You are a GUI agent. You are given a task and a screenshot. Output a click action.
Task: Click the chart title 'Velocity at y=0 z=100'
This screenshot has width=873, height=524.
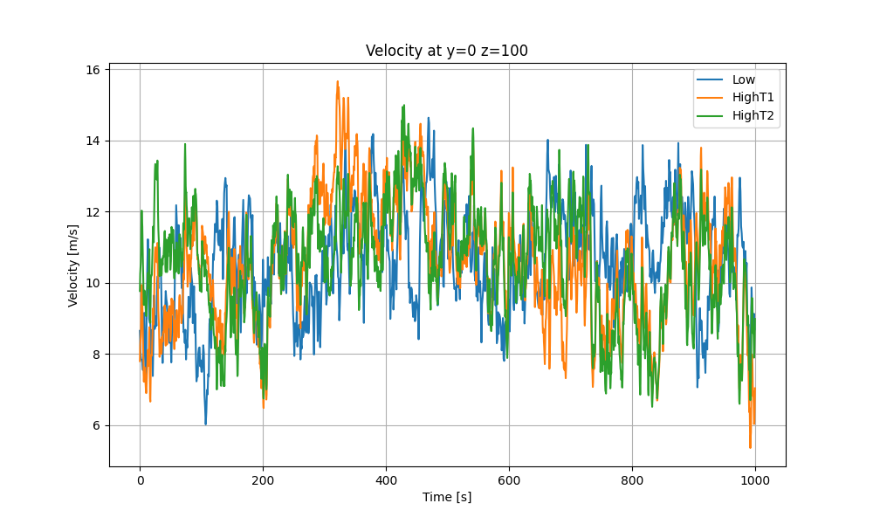(x=446, y=51)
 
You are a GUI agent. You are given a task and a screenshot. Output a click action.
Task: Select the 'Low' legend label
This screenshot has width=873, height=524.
(x=744, y=79)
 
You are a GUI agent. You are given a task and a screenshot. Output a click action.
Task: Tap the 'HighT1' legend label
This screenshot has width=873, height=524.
(x=753, y=97)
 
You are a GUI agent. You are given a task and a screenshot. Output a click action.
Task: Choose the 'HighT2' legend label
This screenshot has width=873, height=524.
(x=753, y=114)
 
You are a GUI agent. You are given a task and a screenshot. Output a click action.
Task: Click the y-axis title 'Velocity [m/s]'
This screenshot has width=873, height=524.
(x=73, y=265)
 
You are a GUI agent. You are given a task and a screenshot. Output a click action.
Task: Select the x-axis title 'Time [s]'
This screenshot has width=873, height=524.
(x=447, y=497)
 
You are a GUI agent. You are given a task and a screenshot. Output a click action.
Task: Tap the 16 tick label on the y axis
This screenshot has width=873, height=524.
(x=93, y=69)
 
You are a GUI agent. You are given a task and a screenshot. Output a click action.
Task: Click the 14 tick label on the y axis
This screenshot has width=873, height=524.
(x=93, y=141)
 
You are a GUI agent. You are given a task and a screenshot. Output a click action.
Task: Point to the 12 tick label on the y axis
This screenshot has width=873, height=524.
(x=93, y=212)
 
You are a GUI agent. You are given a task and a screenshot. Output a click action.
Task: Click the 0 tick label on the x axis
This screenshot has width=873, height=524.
(x=140, y=479)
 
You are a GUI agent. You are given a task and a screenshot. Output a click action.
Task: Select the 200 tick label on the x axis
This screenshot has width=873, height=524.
(x=263, y=479)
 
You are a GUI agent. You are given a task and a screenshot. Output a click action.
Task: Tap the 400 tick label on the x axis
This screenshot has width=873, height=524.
(x=386, y=479)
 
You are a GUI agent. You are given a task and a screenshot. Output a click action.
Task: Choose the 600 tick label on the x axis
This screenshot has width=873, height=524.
(x=509, y=479)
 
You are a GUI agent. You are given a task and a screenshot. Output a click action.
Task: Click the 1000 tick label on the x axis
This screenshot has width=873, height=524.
(x=755, y=479)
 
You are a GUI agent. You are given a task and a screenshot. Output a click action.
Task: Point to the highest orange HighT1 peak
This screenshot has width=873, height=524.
(x=337, y=81)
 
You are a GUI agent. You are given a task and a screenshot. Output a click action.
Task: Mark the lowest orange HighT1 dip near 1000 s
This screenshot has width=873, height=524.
(x=750, y=448)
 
